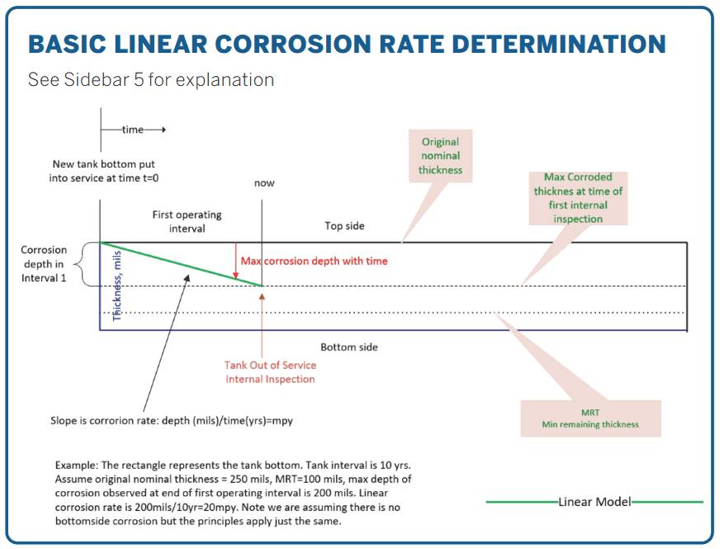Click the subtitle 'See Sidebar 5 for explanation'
[151, 80]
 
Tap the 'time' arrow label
[132, 130]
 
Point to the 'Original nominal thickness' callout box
[440, 156]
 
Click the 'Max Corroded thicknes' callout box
[583, 198]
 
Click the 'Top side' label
[344, 225]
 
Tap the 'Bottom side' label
[349, 347]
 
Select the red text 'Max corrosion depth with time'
[314, 261]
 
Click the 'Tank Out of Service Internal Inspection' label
[270, 372]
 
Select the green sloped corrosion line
[182, 264]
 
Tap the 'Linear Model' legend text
[594, 502]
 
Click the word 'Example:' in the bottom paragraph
[77, 465]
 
